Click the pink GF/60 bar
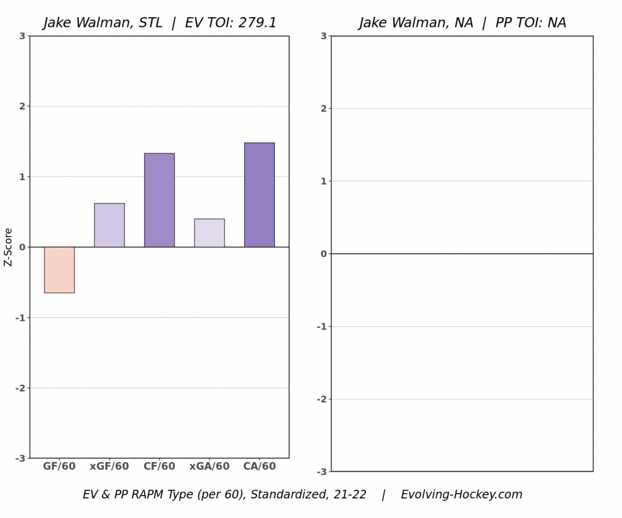point(59,270)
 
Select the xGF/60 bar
point(109,225)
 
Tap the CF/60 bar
point(159,200)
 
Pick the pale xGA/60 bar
point(209,233)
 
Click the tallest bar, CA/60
point(259,195)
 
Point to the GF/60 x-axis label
point(59,467)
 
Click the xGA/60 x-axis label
point(209,467)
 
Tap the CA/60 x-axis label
point(259,467)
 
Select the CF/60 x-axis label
point(159,467)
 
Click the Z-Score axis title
point(8,247)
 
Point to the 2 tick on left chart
point(22,106)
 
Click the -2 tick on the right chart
point(322,399)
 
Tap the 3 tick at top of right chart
point(323,36)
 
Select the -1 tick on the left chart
point(20,318)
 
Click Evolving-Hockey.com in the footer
point(461,495)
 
